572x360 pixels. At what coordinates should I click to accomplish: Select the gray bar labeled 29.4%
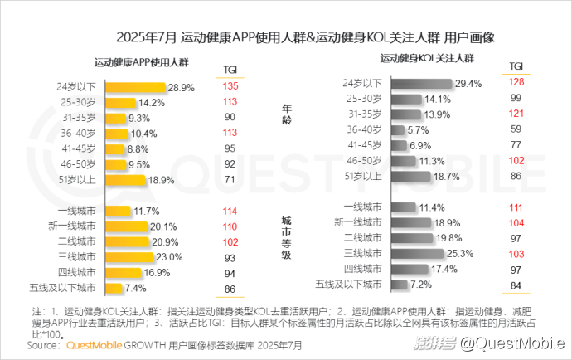[x=422, y=83]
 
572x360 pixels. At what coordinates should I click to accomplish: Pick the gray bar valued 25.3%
[x=418, y=253]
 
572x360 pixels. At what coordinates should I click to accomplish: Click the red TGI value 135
[x=230, y=86]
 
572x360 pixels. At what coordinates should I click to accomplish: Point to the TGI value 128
[x=516, y=82]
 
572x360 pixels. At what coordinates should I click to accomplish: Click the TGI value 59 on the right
[x=516, y=129]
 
